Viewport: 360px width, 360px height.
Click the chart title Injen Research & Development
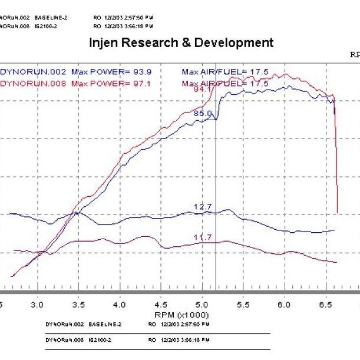(x=181, y=43)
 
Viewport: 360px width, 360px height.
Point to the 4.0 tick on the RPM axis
(x=120, y=305)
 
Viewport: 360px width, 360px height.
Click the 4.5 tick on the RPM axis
(x=161, y=305)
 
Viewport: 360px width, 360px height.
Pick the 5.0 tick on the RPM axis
(x=203, y=305)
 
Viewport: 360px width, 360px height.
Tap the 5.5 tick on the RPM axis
(x=244, y=305)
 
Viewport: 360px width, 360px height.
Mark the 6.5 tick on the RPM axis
(x=326, y=305)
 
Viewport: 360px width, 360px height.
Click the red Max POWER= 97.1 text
(x=111, y=84)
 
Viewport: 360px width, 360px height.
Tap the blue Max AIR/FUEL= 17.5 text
(x=225, y=72)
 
